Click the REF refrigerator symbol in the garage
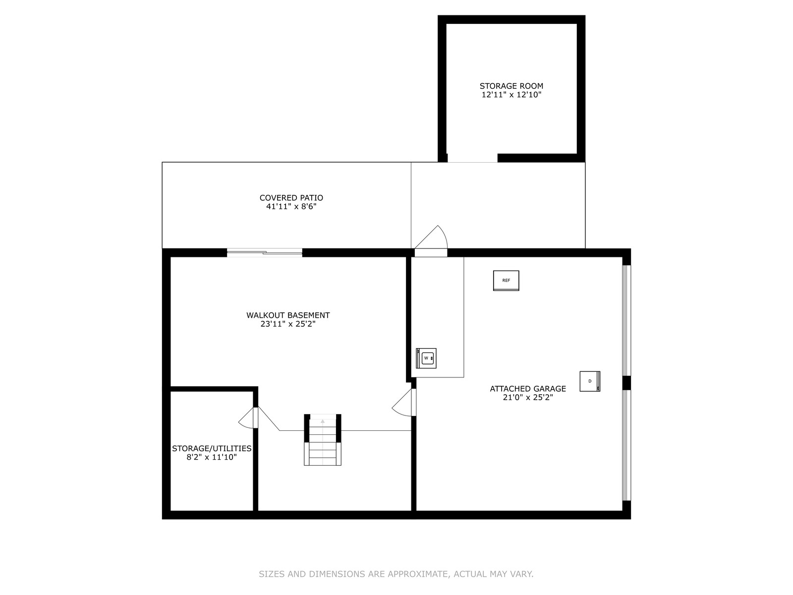pyautogui.click(x=506, y=280)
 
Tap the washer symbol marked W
pyautogui.click(x=426, y=358)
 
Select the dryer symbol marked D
pyautogui.click(x=590, y=381)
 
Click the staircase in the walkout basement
pyautogui.click(x=322, y=440)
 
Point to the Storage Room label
pyautogui.click(x=511, y=86)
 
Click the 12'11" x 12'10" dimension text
pyautogui.click(x=511, y=95)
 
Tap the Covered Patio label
pyautogui.click(x=291, y=198)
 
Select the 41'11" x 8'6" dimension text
pyautogui.click(x=291, y=207)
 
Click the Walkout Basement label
pyautogui.click(x=288, y=315)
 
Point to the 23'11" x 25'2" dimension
pyautogui.click(x=288, y=324)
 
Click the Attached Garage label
pyautogui.click(x=528, y=389)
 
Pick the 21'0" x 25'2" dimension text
pyautogui.click(x=528, y=397)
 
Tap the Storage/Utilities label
pyautogui.click(x=211, y=448)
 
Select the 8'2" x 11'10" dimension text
pyautogui.click(x=211, y=457)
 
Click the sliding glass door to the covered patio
pyautogui.click(x=265, y=252)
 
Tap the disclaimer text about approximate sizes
pyautogui.click(x=396, y=574)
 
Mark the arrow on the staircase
pyautogui.click(x=323, y=421)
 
